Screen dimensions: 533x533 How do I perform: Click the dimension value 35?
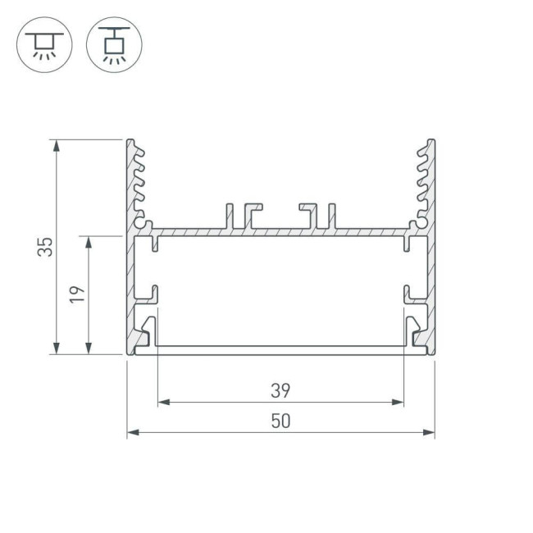(x=48, y=247)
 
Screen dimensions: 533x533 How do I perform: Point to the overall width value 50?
(x=280, y=421)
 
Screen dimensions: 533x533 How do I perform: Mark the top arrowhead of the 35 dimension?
(x=56, y=144)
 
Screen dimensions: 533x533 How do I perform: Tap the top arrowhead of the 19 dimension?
(x=88, y=242)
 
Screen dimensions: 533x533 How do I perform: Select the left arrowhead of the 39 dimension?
(x=162, y=403)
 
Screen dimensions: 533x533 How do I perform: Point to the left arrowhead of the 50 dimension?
(x=131, y=432)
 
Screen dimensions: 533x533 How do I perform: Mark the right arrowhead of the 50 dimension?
(x=430, y=432)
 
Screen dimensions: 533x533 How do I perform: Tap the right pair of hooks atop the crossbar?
(x=318, y=216)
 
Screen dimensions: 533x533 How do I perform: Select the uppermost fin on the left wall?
(x=139, y=151)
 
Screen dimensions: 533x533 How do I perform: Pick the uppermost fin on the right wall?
(x=423, y=151)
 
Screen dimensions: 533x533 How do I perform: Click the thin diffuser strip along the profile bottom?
(x=280, y=349)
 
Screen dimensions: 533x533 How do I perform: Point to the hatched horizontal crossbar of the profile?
(x=280, y=232)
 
